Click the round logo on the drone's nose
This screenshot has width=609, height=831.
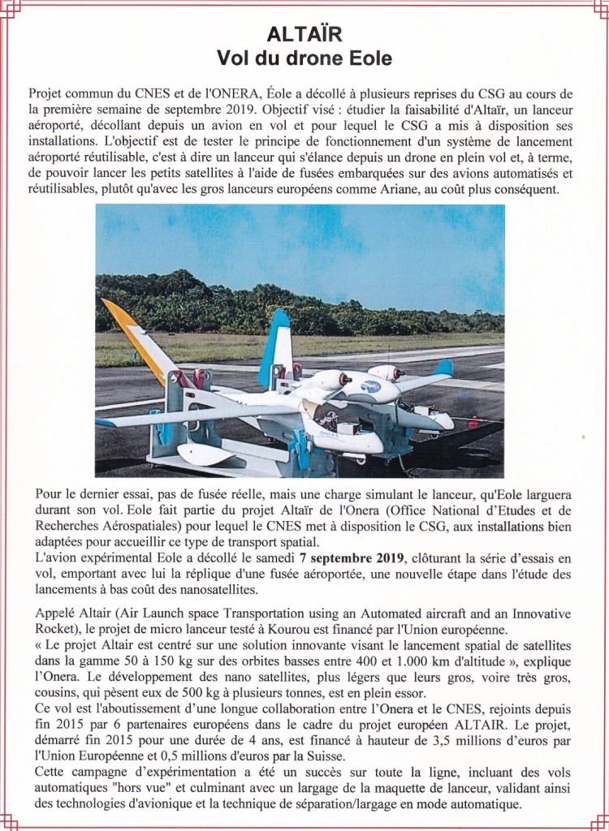(370, 386)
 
